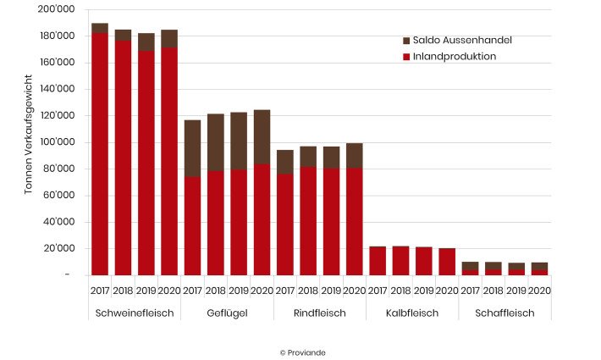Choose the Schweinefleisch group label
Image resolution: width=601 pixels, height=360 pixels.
click(x=134, y=313)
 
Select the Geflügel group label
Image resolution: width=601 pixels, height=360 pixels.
click(x=227, y=313)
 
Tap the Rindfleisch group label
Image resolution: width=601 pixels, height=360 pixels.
click(x=319, y=313)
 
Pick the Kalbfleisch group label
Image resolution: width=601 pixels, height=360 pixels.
click(x=411, y=313)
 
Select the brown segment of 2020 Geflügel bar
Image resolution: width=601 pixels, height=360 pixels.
click(x=262, y=136)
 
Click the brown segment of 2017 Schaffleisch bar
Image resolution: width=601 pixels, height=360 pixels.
click(x=470, y=266)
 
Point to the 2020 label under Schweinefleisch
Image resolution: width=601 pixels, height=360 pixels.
click(x=168, y=291)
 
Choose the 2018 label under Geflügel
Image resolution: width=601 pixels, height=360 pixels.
click(x=215, y=291)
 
